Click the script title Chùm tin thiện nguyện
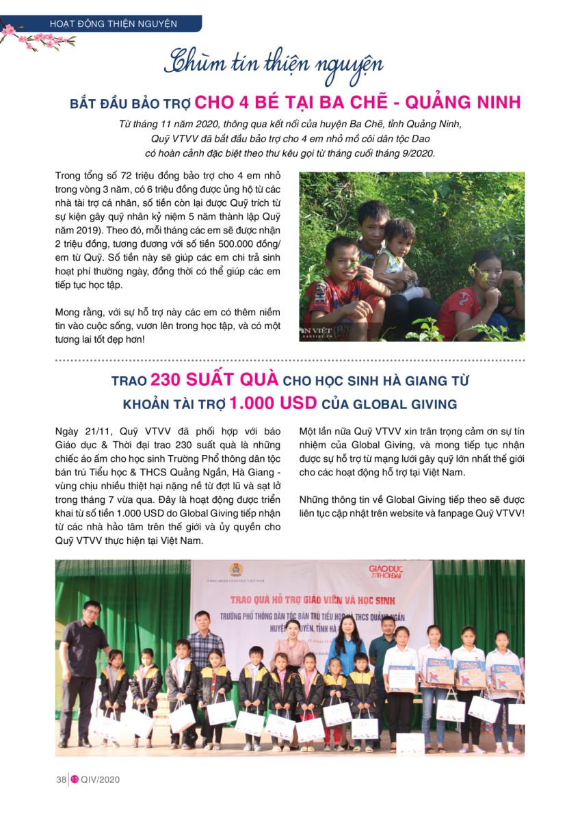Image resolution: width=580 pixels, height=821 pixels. pos(273,64)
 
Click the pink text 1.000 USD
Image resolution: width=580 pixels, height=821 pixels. pos(274,403)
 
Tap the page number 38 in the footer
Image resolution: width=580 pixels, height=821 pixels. pos(61,779)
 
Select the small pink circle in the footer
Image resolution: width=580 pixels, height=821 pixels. pos(75,779)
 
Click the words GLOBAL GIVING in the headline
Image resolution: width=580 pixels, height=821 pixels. pos(404,404)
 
